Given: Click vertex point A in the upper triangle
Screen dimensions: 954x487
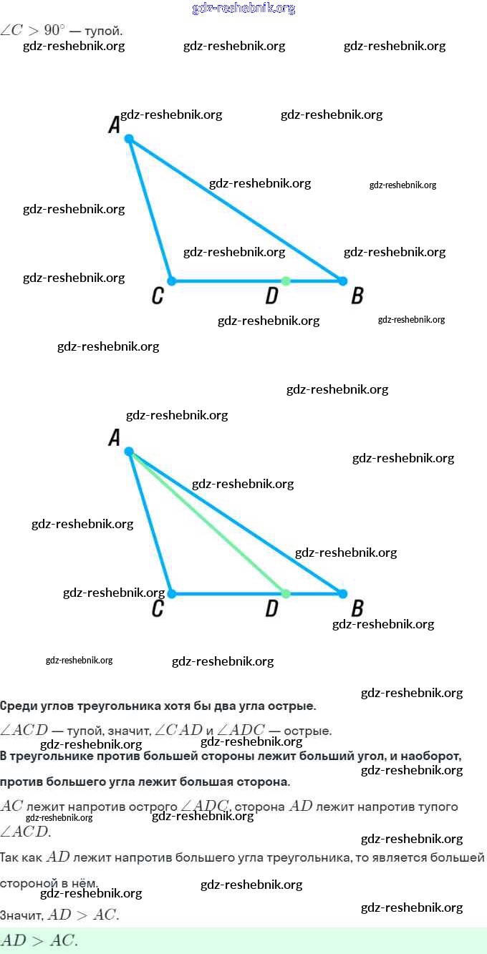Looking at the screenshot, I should click(x=129, y=138).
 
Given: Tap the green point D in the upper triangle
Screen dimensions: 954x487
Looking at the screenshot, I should click(x=286, y=281).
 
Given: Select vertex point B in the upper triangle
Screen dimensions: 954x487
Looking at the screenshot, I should click(x=342, y=281).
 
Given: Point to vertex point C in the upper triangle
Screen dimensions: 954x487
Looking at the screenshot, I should click(x=171, y=281).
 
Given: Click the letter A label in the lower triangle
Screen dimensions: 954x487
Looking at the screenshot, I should click(x=114, y=437).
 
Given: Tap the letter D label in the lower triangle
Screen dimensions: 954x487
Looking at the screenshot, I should click(x=271, y=609).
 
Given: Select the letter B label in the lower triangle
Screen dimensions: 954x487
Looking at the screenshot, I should click(x=357, y=609).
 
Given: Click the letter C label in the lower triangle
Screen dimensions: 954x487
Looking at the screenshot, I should click(x=158, y=609).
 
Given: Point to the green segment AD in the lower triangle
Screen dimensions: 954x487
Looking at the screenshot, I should click(x=208, y=522).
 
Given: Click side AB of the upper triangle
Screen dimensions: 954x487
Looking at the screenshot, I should click(x=236, y=210).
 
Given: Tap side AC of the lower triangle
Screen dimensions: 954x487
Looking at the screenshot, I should click(x=150, y=522).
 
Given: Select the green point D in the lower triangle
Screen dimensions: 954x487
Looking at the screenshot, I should click(x=286, y=594).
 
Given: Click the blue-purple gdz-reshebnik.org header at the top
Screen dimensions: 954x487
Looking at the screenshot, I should click(x=243, y=9).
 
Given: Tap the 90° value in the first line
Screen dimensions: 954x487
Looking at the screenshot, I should click(x=54, y=31).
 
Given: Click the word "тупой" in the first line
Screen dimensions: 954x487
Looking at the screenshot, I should click(x=102, y=31).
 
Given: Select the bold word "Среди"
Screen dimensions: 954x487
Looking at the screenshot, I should click(x=17, y=706).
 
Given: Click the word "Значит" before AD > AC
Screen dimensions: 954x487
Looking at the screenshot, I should click(x=21, y=915).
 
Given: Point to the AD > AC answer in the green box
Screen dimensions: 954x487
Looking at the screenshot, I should click(x=39, y=941).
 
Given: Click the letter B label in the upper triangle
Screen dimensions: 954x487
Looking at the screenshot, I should click(x=357, y=296).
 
